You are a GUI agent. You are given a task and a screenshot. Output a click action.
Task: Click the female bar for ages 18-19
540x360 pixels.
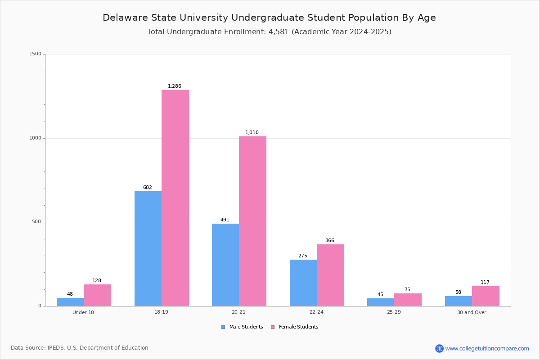click(x=175, y=198)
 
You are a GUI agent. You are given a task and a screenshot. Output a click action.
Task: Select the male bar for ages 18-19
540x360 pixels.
click(x=148, y=248)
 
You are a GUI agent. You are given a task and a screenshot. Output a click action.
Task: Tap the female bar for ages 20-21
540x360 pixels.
click(x=252, y=221)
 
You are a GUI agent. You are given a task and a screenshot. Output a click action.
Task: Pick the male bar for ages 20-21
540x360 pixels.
click(x=225, y=265)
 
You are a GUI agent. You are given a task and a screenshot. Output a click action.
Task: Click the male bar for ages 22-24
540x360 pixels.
click(x=303, y=283)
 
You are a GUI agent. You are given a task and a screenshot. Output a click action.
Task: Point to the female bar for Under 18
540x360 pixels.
click(x=97, y=295)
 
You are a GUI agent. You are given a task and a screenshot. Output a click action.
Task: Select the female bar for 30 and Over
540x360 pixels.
click(x=486, y=296)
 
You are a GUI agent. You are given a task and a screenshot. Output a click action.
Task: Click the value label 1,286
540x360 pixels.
click(x=175, y=86)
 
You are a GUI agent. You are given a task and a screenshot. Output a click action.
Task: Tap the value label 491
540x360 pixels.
click(x=225, y=220)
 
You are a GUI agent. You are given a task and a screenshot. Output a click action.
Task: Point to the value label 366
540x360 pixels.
click(x=330, y=241)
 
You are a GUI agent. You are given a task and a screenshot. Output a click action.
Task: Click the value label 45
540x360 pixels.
click(x=380, y=295)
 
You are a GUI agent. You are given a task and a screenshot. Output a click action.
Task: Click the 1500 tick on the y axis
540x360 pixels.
click(x=36, y=54)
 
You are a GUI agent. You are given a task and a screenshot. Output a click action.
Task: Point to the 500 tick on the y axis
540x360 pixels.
click(x=36, y=222)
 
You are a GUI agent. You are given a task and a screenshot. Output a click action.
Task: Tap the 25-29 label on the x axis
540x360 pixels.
click(x=394, y=312)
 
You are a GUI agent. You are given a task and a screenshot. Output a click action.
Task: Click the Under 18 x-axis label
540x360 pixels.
click(x=83, y=312)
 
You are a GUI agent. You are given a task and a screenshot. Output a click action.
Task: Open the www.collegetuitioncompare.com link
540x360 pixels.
click(x=487, y=348)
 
